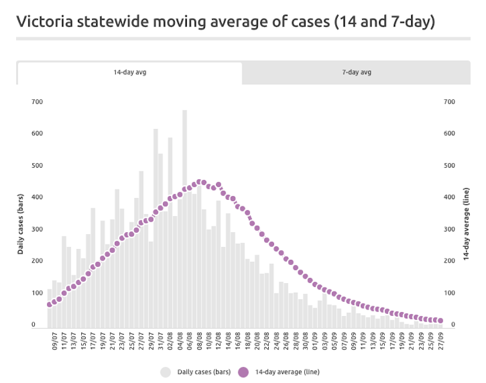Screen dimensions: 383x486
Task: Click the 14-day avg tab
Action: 130,72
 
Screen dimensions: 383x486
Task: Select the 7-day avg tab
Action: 356,72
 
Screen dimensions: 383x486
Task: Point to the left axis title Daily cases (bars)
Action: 21,224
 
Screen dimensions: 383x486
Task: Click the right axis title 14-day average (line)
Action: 465,224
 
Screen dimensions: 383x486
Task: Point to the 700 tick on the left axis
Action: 37,102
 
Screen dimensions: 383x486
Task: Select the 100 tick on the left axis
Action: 37,293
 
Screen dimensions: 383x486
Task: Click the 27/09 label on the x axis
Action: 441,342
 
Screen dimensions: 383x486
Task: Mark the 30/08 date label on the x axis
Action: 306,342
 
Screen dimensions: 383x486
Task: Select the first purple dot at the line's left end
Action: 49,305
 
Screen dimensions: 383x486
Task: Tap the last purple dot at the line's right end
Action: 441,320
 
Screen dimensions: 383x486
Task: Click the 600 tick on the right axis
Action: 449,133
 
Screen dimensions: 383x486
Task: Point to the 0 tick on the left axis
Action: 34,325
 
